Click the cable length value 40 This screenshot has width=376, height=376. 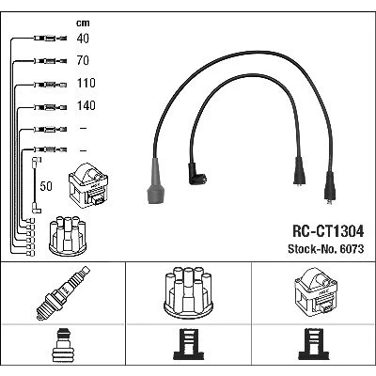point(83,39)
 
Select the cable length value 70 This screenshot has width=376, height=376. point(83,60)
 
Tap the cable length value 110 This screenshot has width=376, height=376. point(86,83)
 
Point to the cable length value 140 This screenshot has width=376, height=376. point(86,105)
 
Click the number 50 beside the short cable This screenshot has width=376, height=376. point(46,186)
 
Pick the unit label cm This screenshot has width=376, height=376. point(83,23)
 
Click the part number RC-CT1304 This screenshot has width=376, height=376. point(328,231)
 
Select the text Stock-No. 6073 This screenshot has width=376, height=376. point(326,249)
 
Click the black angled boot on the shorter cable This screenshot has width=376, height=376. point(196,174)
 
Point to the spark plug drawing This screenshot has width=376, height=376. point(63,293)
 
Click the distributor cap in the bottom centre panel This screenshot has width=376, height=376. point(189,292)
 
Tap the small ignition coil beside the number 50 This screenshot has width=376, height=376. point(88,185)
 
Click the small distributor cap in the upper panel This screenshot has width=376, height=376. point(68,236)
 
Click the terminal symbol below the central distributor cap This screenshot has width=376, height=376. point(189,344)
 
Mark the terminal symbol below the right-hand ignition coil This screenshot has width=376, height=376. point(314,344)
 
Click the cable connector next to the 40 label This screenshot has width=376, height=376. point(50,39)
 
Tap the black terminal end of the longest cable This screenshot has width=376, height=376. point(329,188)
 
